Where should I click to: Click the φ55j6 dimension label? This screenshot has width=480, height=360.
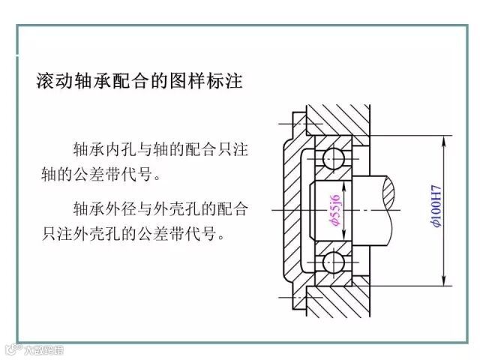[x=333, y=208]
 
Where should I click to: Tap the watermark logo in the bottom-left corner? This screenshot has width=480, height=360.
[x=34, y=349]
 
